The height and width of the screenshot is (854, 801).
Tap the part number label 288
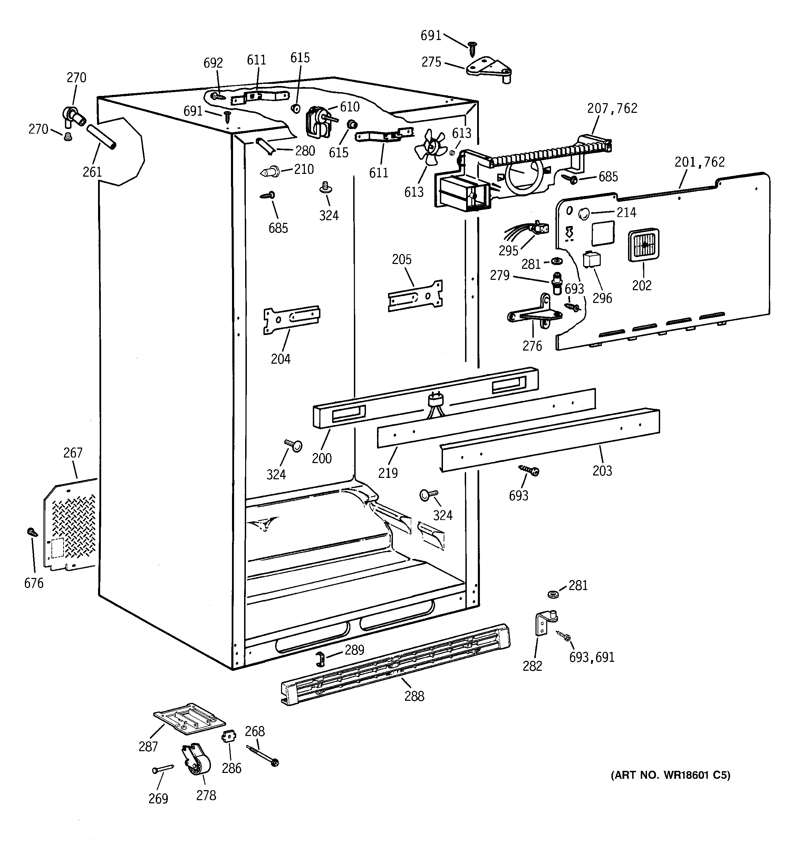414,696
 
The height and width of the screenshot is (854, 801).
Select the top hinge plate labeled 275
489,69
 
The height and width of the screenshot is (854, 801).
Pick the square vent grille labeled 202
644,244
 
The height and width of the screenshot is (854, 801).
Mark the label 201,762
699,162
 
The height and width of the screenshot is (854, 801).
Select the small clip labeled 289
320,658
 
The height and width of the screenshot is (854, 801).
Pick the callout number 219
388,472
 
